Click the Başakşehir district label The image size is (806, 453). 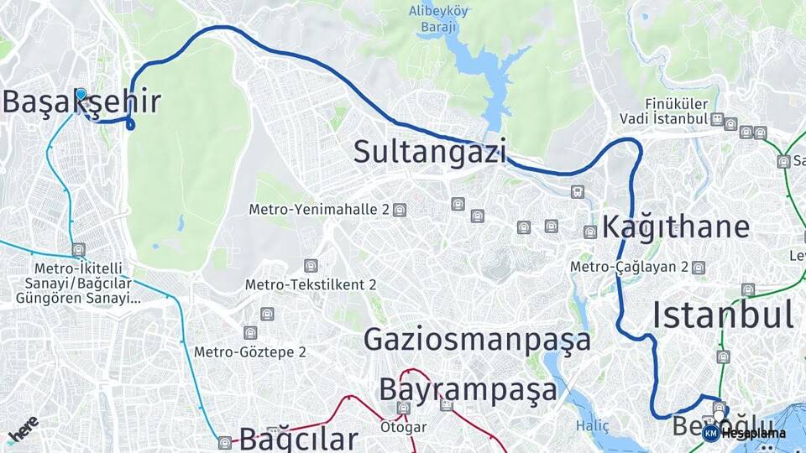pyautogui.click(x=81, y=102)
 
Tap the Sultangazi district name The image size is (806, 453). pyautogui.click(x=430, y=152)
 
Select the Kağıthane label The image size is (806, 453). pyautogui.click(x=676, y=227)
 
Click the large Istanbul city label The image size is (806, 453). pyautogui.click(x=723, y=315)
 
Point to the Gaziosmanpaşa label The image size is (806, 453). pyautogui.click(x=477, y=339)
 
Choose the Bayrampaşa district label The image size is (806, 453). pyautogui.click(x=468, y=390)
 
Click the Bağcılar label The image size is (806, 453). pyautogui.click(x=299, y=438)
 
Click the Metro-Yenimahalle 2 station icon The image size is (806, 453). pyautogui.click(x=400, y=210)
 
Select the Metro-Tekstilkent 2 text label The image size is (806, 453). pyautogui.click(x=311, y=284)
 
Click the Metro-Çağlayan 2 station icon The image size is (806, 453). pyautogui.click(x=699, y=268)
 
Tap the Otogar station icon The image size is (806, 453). pyautogui.click(x=404, y=409)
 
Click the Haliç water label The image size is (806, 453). pyautogui.click(x=593, y=426)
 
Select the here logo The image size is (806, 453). pyautogui.click(x=23, y=430)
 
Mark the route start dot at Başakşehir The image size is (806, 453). pyautogui.click(x=81, y=94)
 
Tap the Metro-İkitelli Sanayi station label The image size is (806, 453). pyautogui.click(x=76, y=283)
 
